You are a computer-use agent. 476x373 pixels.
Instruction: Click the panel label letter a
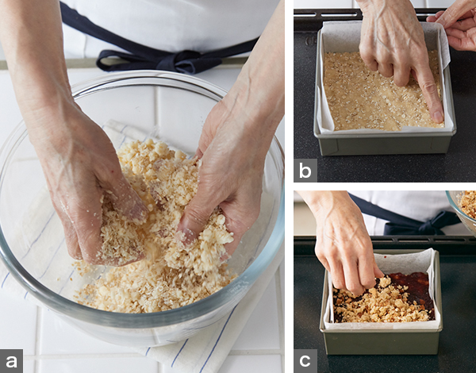pyautogui.click(x=11, y=361)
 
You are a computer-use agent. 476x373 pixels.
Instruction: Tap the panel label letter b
pyautogui.click(x=305, y=171)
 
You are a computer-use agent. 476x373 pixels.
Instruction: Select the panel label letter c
pyautogui.click(x=305, y=361)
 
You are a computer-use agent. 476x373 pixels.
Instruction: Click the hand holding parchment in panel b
pyautogui.click(x=455, y=27)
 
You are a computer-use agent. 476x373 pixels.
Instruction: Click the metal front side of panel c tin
pyautogui.click(x=381, y=342)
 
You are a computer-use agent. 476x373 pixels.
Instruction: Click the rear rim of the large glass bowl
pyautogui.click(x=146, y=78)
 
